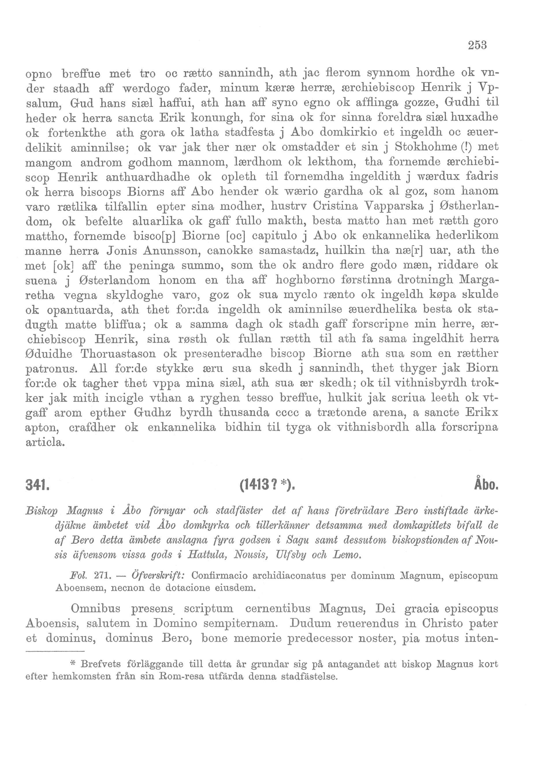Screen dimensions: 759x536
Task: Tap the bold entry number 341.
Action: (37, 487)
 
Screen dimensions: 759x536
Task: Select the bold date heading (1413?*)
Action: (267, 487)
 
